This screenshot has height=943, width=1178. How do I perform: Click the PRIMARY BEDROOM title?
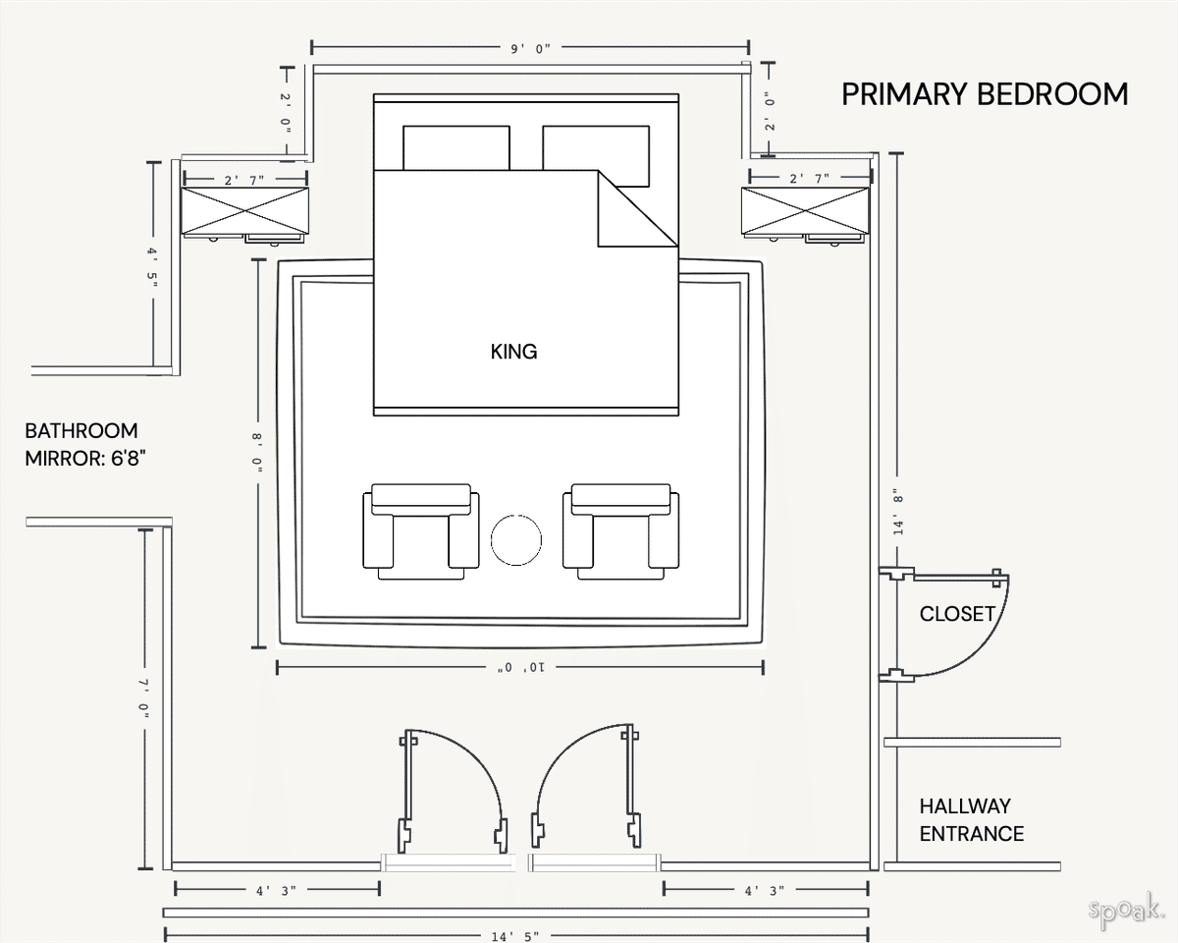(985, 94)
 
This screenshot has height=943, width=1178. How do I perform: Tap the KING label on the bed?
(513, 352)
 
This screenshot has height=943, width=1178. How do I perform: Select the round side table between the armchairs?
(515, 539)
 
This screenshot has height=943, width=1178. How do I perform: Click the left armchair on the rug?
(421, 531)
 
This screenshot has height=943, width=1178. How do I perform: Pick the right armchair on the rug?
(620, 531)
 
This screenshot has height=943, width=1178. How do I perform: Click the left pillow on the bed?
(455, 147)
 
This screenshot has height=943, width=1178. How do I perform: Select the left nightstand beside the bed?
(244, 211)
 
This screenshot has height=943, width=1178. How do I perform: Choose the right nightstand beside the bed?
(805, 211)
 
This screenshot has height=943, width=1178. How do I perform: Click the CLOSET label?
(957, 614)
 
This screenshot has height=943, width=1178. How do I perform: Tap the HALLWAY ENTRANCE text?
(971, 820)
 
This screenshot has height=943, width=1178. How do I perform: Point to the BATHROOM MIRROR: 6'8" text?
(86, 444)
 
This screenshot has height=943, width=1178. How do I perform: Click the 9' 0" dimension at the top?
(530, 47)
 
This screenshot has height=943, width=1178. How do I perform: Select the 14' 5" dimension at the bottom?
(514, 936)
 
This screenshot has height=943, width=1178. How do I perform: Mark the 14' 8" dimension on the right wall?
(895, 511)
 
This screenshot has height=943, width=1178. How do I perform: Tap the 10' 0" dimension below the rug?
(519, 668)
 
